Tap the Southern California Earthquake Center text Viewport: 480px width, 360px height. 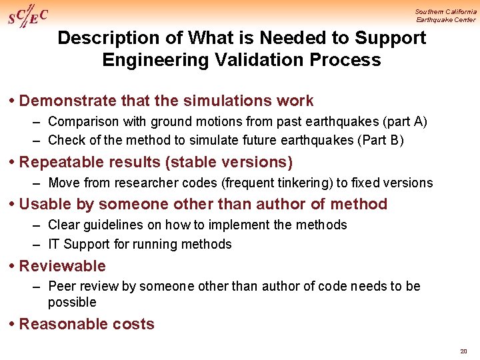coord(445,15)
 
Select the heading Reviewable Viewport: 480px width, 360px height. coord(62,266)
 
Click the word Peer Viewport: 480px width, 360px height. coord(62,286)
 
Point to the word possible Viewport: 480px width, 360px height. coord(72,302)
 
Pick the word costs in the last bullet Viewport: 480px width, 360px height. coord(135,324)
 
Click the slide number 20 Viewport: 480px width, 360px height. coord(463,351)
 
